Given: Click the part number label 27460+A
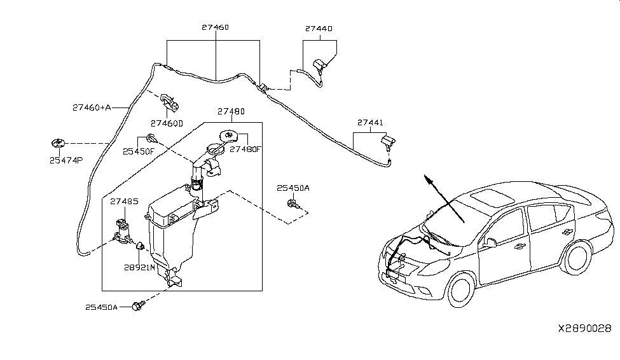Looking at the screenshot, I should tap(91, 108).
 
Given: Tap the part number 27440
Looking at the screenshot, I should tap(319, 29).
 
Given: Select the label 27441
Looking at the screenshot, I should tap(370, 122).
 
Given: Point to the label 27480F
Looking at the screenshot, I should tap(245, 150).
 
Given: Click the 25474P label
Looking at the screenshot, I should tap(65, 160).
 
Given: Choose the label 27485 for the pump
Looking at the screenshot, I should tap(123, 202).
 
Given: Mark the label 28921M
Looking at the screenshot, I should tap(140, 268).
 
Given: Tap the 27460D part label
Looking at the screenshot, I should tap(167, 123).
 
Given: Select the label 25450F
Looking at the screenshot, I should tap(139, 151).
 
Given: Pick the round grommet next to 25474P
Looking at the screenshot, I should tap(57, 143).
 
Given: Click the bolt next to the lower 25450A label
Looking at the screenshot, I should tap(137, 307).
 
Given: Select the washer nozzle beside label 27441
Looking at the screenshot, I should tap(387, 141).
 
